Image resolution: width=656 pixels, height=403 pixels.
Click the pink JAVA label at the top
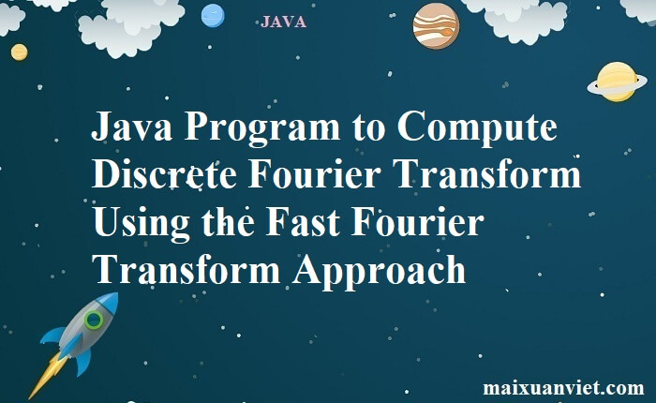click(x=283, y=22)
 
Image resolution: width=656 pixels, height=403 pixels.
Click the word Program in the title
click(x=261, y=128)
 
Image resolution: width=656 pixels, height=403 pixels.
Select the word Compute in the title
click(x=477, y=128)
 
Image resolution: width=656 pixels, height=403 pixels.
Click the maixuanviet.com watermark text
click(x=563, y=387)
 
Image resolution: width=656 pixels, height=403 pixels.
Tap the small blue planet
click(x=213, y=16)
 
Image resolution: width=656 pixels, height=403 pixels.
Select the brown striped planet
click(x=436, y=26)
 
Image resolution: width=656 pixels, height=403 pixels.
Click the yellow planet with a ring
click(x=617, y=82)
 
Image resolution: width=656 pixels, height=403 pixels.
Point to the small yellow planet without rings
click(x=20, y=52)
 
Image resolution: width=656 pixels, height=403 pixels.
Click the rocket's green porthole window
click(x=94, y=321)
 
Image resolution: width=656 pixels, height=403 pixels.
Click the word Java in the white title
click(x=132, y=126)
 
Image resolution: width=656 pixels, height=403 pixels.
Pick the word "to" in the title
click(x=368, y=128)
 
